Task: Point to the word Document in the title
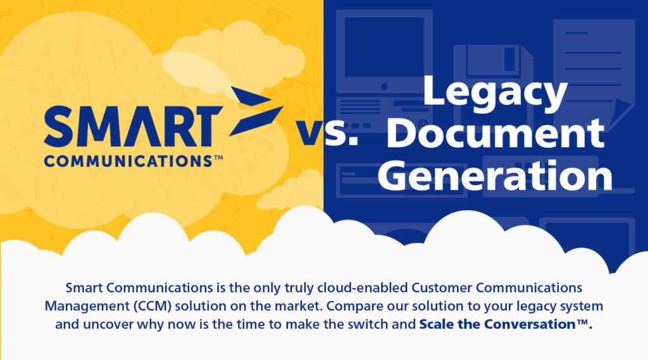[495, 133]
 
